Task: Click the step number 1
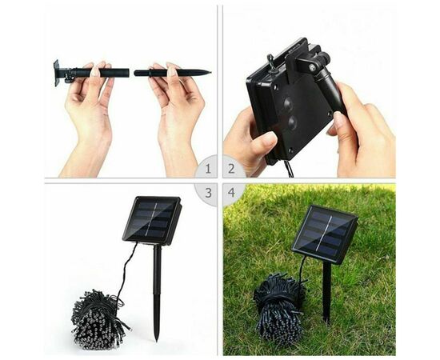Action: (x=208, y=169)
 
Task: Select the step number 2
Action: (x=231, y=169)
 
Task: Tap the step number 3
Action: (x=208, y=193)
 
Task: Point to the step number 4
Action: (x=231, y=193)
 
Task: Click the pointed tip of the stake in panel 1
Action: (x=210, y=72)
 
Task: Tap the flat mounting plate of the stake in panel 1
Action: (x=57, y=73)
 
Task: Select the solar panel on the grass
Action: (x=324, y=234)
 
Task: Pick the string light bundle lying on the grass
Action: (x=279, y=306)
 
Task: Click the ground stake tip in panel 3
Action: (x=157, y=340)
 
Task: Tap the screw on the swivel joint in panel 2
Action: (x=312, y=67)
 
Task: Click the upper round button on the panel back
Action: (x=288, y=104)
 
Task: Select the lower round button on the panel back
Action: (x=292, y=122)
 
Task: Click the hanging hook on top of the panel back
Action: (x=271, y=62)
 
